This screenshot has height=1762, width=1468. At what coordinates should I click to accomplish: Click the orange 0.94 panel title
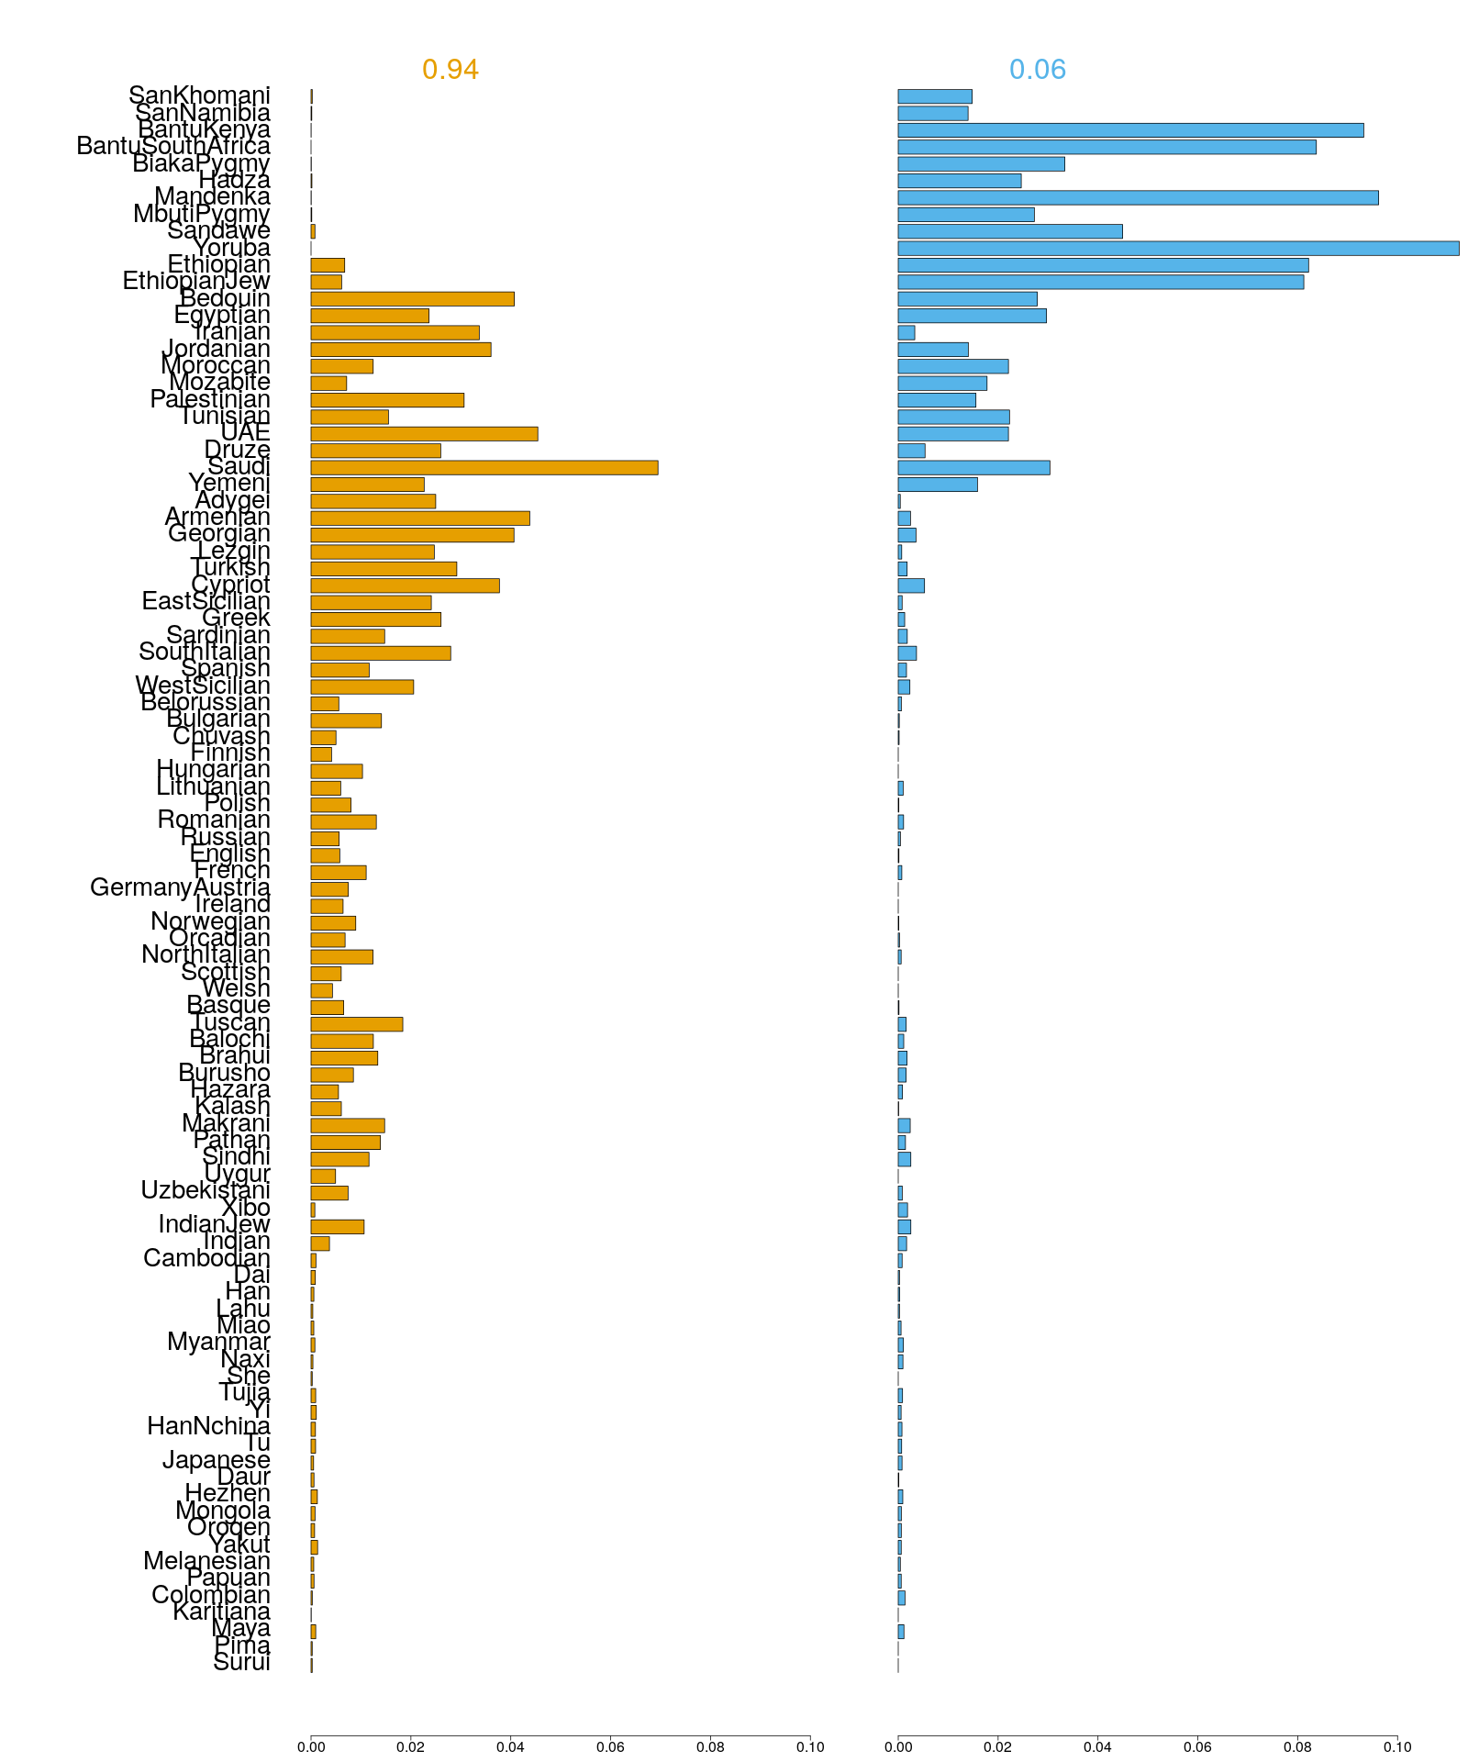tap(450, 70)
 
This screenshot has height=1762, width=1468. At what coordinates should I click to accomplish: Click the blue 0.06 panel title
tap(1037, 70)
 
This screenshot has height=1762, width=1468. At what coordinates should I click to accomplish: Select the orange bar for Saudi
tap(484, 468)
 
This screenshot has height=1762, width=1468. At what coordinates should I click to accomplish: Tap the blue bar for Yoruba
tap(1178, 249)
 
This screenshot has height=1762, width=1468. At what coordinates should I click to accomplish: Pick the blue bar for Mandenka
tap(1138, 198)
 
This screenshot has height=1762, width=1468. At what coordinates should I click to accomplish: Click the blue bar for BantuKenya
tap(1130, 130)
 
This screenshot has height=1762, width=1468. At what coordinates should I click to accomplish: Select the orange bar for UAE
tap(424, 434)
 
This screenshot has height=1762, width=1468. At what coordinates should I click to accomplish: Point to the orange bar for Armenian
tap(420, 519)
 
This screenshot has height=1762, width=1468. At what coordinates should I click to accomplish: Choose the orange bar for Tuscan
tap(357, 1024)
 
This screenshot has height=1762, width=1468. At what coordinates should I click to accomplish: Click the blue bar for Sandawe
tap(1009, 231)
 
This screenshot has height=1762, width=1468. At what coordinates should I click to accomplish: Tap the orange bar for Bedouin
tap(412, 299)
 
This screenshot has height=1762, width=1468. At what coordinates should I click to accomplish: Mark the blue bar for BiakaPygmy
tap(981, 164)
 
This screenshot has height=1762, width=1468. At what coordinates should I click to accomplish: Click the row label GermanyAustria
tap(180, 887)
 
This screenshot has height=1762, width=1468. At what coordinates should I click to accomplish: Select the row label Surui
tap(241, 1663)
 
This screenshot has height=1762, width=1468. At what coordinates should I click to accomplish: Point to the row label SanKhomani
tap(199, 95)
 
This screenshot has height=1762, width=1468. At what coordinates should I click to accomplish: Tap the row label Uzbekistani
tap(205, 1190)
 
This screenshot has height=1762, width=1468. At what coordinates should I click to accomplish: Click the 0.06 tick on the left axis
tap(610, 1747)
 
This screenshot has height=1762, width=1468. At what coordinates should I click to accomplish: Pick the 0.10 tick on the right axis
tap(1397, 1747)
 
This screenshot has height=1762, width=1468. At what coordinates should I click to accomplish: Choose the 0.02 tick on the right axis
tap(997, 1747)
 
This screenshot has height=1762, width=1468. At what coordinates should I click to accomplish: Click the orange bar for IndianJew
tap(338, 1227)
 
